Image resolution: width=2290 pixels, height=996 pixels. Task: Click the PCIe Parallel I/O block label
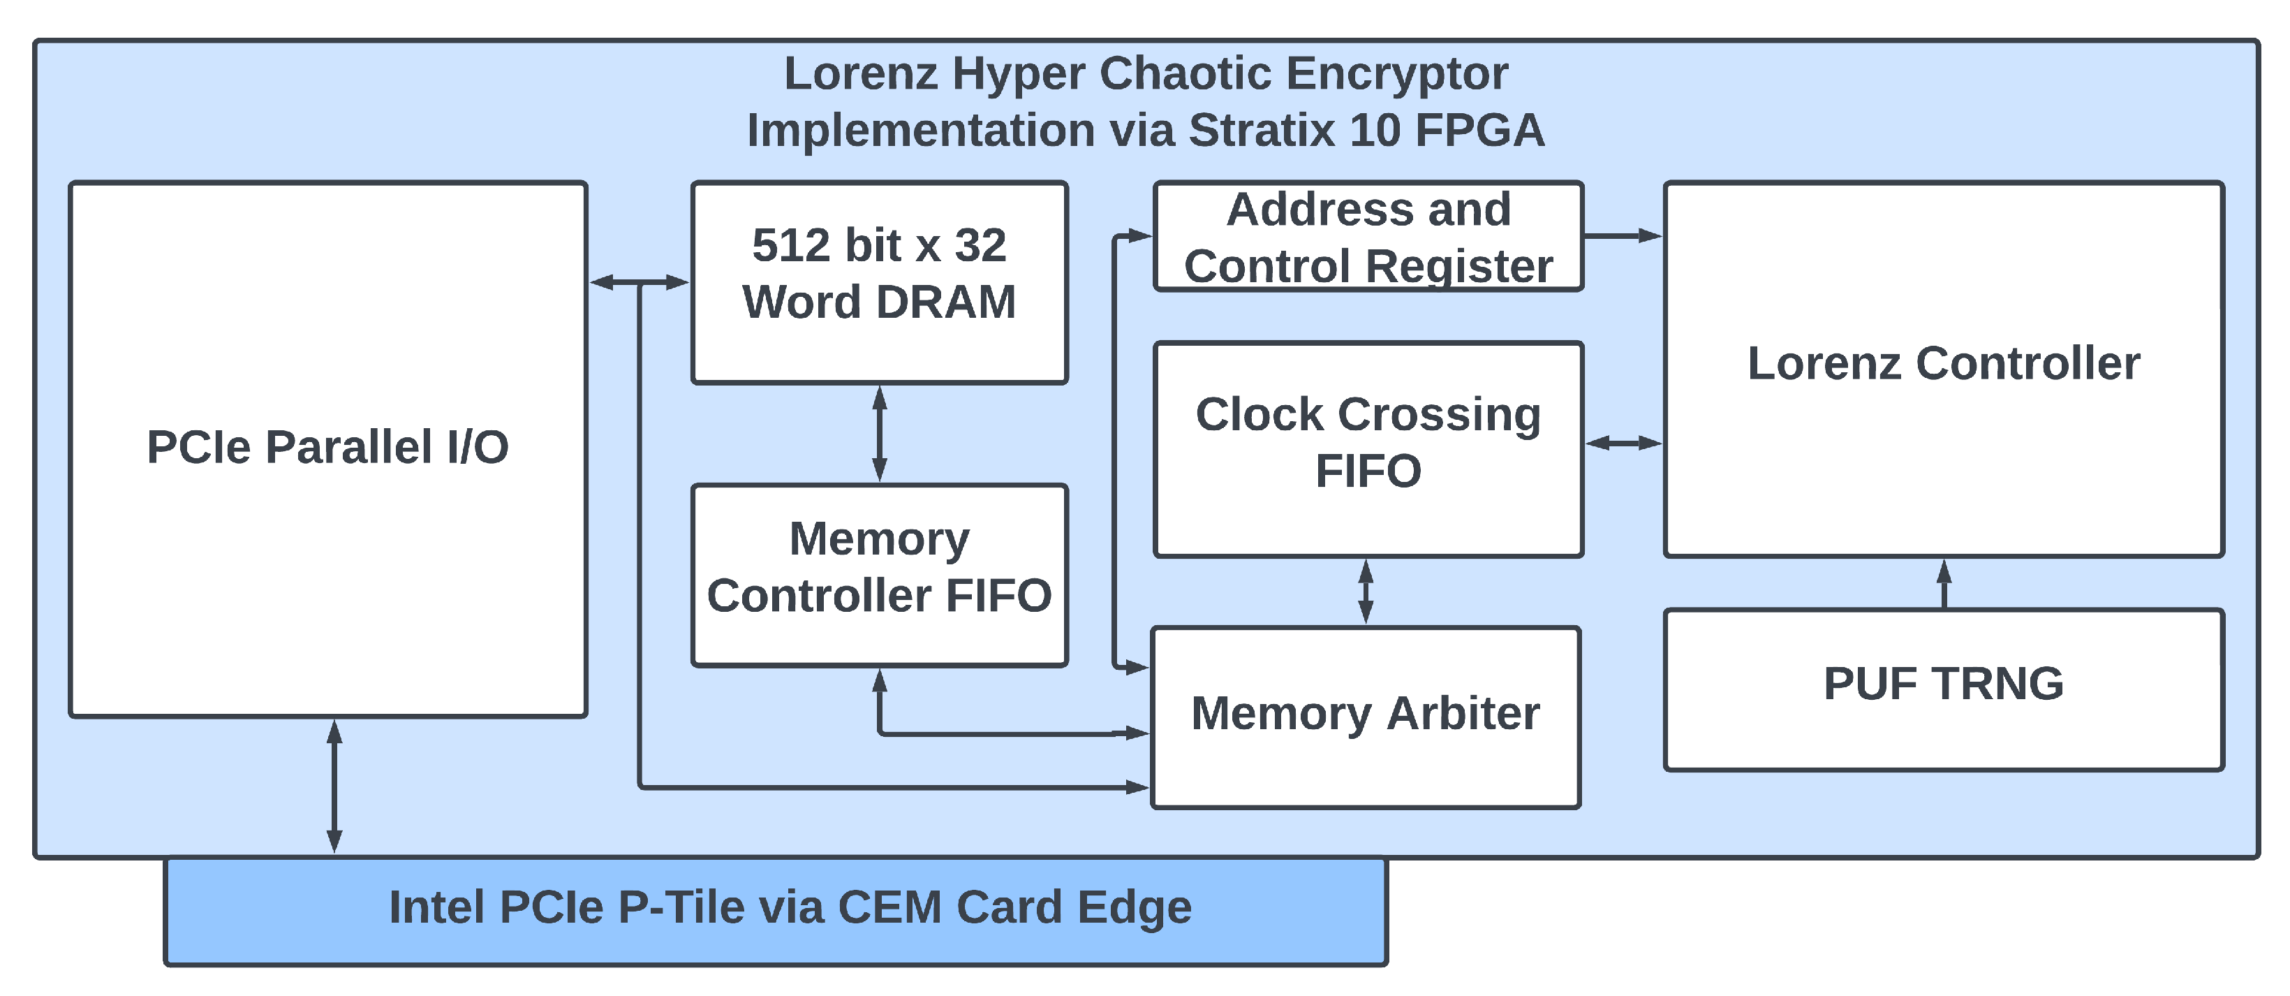(327, 446)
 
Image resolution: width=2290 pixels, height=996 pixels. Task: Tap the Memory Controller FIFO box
(878, 574)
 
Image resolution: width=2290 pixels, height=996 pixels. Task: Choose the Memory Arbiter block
(1365, 717)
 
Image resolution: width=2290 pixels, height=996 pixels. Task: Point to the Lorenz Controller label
(1943, 362)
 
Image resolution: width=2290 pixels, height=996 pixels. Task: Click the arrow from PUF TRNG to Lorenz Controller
(1944, 583)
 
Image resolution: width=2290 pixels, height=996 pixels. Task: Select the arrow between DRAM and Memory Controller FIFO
(879, 434)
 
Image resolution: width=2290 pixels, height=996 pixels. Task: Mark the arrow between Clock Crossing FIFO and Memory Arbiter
(1366, 592)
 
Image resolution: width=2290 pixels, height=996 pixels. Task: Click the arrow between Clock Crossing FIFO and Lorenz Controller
(1623, 442)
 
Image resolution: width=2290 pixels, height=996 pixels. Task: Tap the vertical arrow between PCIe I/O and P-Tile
(334, 786)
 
